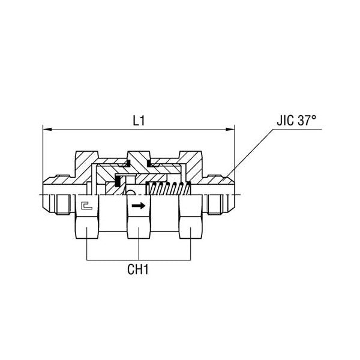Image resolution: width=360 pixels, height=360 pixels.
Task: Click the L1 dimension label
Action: [x=139, y=120]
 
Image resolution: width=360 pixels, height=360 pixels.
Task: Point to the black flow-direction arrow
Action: [x=138, y=205]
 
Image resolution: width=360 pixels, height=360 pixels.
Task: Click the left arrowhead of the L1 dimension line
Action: [x=46, y=128]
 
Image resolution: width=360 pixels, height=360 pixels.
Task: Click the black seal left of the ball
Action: [x=118, y=181]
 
